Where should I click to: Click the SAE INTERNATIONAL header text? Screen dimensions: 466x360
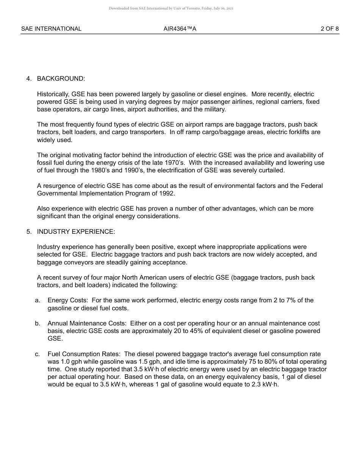[x=51, y=29]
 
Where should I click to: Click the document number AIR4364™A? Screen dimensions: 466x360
[x=180, y=29]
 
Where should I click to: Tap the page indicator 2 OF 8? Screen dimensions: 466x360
[x=329, y=29]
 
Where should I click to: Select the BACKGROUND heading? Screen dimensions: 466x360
[x=61, y=78]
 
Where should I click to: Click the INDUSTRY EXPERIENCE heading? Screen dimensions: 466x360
[x=76, y=231]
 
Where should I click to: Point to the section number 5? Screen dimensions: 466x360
[x=29, y=231]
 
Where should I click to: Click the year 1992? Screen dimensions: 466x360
[x=167, y=193]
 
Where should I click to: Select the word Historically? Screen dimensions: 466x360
[x=53, y=94]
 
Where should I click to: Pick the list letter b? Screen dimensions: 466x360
[x=37, y=323]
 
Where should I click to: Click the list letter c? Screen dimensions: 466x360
[x=37, y=354]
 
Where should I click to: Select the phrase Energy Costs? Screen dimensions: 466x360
[x=68, y=300]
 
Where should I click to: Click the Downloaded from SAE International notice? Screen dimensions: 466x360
[x=171, y=8]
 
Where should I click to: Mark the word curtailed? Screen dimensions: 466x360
[x=271, y=170]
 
